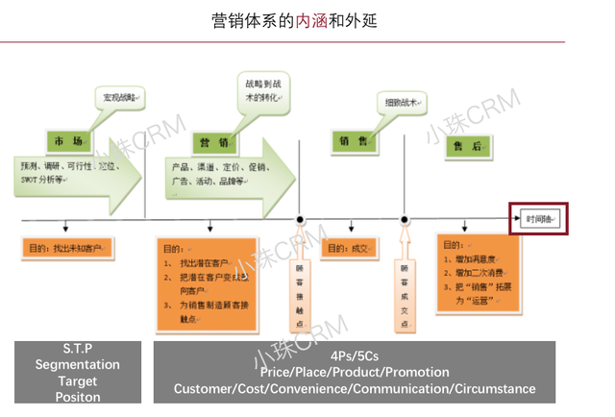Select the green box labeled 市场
tap(68, 141)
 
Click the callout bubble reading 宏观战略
tap(119, 97)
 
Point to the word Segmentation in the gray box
tap(78, 365)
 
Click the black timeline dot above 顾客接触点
tap(301, 220)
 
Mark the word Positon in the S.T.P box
tap(78, 397)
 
